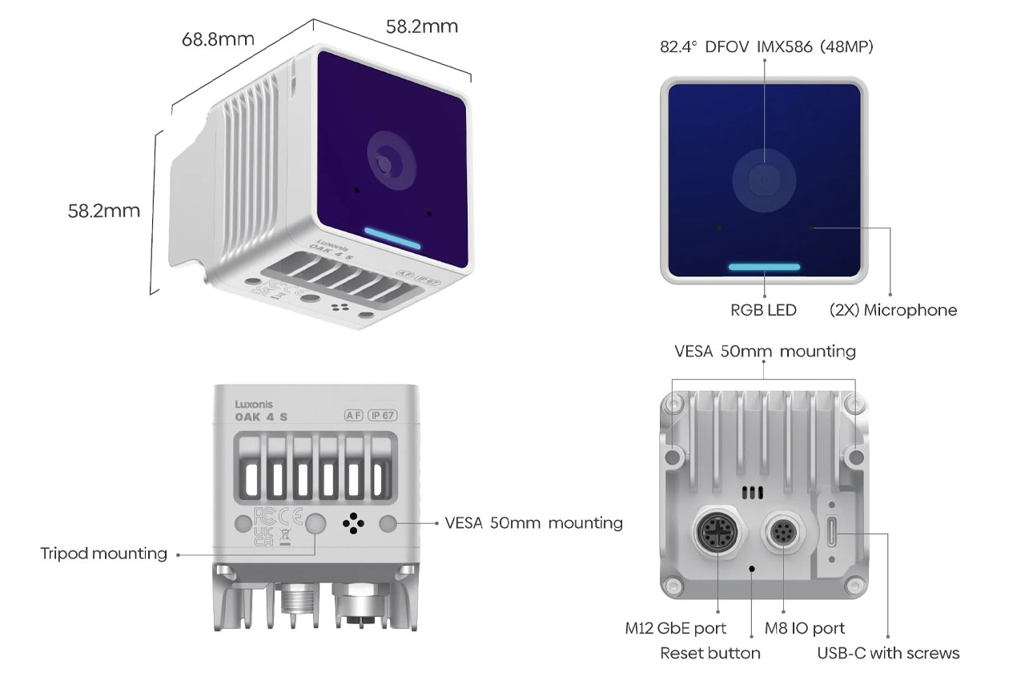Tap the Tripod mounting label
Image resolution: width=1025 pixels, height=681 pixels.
pyautogui.click(x=104, y=554)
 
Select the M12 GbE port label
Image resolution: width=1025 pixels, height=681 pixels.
pyautogui.click(x=676, y=628)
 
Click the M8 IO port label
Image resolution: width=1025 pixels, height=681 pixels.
pyautogui.click(x=805, y=628)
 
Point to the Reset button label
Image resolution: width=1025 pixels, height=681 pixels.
pyautogui.click(x=710, y=653)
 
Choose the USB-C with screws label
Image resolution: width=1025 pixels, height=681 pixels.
pyautogui.click(x=888, y=653)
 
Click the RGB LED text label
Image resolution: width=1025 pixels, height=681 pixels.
pyautogui.click(x=763, y=309)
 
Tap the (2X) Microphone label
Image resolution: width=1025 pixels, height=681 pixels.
pyautogui.click(x=893, y=309)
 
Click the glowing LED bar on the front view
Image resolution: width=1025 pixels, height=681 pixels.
pyautogui.click(x=764, y=267)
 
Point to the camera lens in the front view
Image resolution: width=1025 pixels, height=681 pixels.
pyautogui.click(x=764, y=179)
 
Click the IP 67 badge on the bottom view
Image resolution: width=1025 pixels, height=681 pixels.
pyautogui.click(x=383, y=415)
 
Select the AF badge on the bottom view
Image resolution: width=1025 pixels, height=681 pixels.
pyautogui.click(x=352, y=415)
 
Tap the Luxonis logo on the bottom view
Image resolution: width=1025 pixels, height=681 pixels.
pyautogui.click(x=255, y=405)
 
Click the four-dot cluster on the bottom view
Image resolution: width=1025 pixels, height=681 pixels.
pyautogui.click(x=353, y=524)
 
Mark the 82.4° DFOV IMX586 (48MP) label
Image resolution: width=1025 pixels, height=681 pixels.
pyautogui.click(x=766, y=47)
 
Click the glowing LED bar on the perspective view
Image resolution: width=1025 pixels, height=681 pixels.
pyautogui.click(x=392, y=238)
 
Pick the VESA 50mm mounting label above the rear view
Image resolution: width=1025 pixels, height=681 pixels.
pyautogui.click(x=765, y=351)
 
